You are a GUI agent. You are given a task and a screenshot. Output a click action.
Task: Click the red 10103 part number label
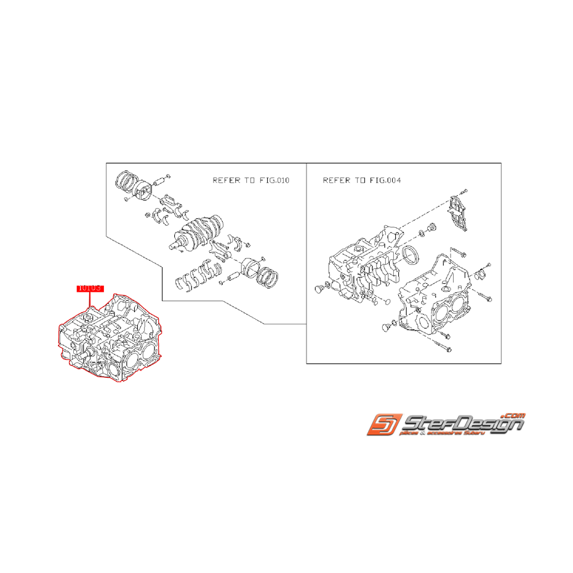[x=89, y=287]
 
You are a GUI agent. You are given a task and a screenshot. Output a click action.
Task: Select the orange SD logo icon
[x=383, y=425]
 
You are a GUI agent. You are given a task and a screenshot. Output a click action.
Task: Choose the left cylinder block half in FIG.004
[x=357, y=268]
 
